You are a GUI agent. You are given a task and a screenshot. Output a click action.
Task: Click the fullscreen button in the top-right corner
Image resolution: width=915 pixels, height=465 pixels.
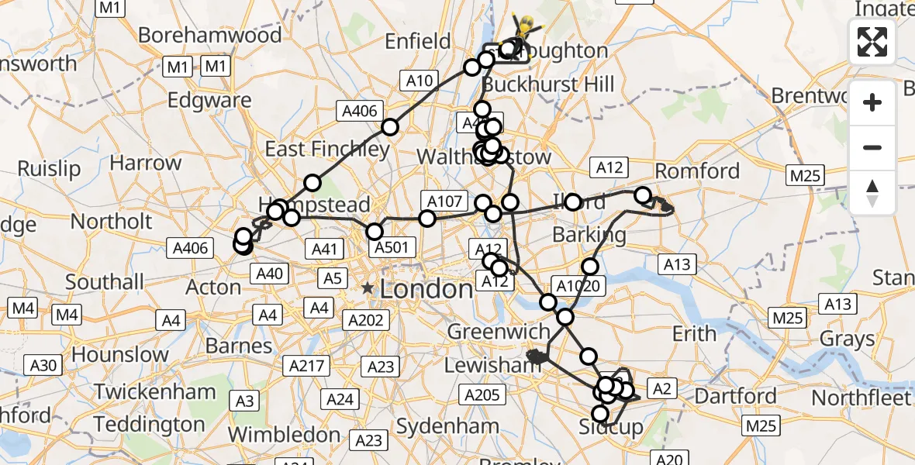point(872,42)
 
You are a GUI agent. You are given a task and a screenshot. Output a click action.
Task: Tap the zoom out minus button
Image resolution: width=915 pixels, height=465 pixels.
point(872,147)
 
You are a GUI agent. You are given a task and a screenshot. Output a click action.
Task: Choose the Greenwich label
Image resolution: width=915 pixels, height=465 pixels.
point(499,332)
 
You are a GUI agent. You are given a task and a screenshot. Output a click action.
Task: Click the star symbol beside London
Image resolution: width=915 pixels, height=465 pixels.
point(368,289)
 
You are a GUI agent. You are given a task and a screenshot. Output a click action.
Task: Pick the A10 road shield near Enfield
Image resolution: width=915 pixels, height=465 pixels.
point(419,78)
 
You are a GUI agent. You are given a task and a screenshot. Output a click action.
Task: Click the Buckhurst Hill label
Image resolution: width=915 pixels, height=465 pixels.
point(547,84)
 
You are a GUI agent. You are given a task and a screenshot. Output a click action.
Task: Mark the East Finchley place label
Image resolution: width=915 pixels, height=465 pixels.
point(327,149)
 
